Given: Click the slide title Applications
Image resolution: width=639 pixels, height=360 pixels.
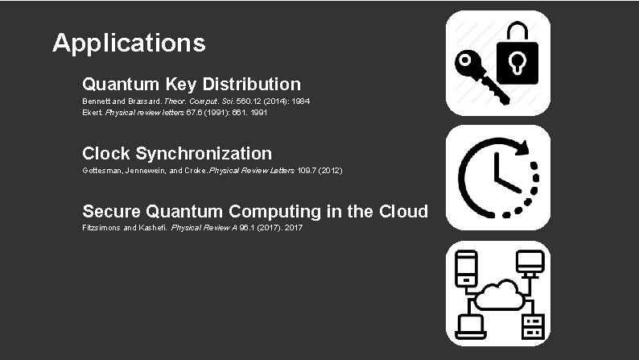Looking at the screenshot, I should pos(129,43).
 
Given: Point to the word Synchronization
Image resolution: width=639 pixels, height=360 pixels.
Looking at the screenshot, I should pos(204,153).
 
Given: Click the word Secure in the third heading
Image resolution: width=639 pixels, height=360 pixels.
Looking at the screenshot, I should pos(111,212).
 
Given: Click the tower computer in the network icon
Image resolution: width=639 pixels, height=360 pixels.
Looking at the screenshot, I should pos(468,266).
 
